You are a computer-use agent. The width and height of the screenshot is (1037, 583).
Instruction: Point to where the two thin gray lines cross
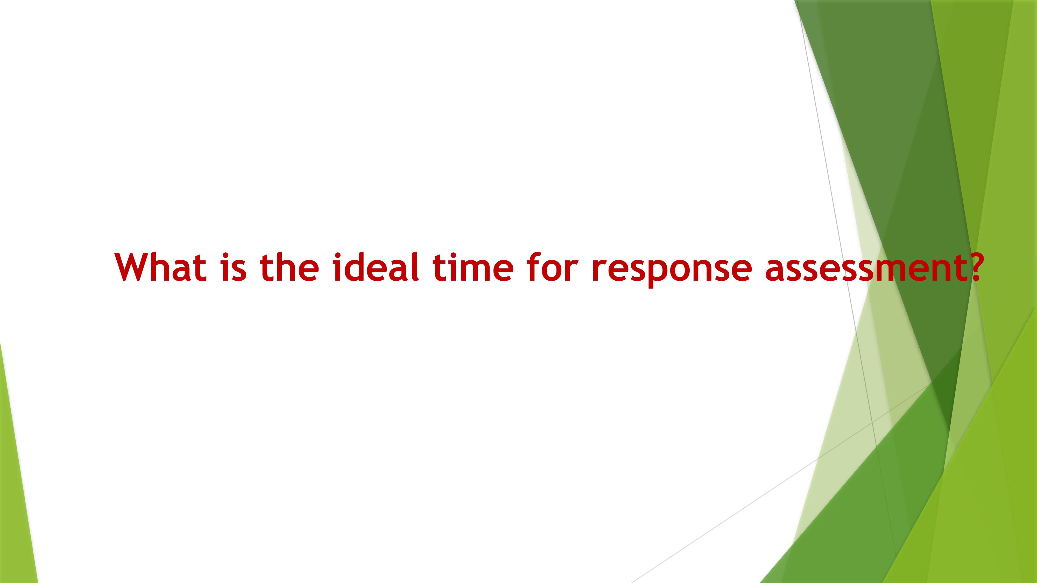tap(873, 423)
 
